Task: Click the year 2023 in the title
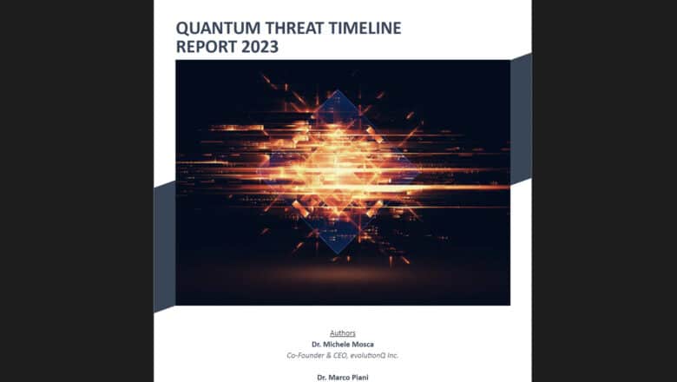[260, 47]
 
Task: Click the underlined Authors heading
[342, 333]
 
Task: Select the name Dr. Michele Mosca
[342, 345]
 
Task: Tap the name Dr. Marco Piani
[342, 378]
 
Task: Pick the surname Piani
[358, 378]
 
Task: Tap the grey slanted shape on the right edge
[521, 117]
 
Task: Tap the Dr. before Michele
[318, 345]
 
